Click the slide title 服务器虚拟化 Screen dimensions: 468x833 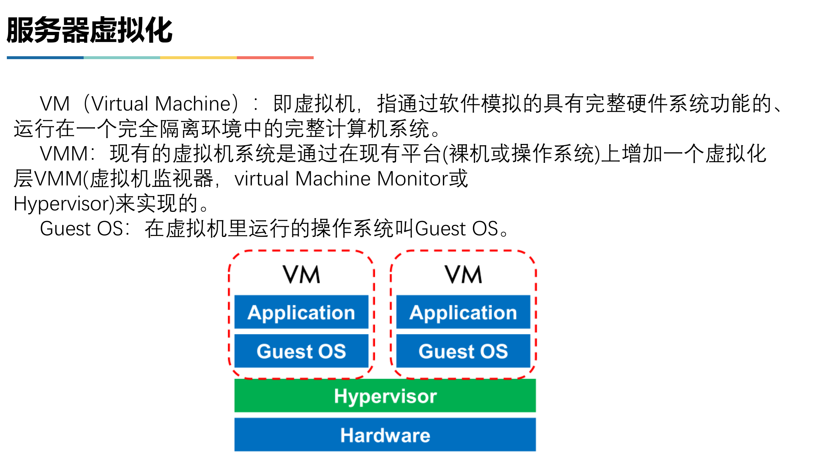pyautogui.click(x=89, y=30)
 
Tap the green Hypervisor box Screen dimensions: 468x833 pyautogui.click(x=385, y=396)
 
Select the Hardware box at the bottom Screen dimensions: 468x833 pyautogui.click(x=385, y=435)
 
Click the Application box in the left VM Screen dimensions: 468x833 pyautogui.click(x=301, y=312)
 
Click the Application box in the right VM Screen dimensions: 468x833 pyautogui.click(x=463, y=312)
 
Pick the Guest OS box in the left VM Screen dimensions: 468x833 pyautogui.click(x=301, y=351)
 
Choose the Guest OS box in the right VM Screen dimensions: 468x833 pyautogui.click(x=463, y=351)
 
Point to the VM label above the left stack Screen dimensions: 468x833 pyautogui.click(x=301, y=275)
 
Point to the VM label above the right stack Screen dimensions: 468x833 pyautogui.click(x=463, y=275)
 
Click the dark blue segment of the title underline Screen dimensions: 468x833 pyautogui.click(x=45, y=58)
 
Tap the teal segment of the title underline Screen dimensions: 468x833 pyautogui.click(x=122, y=58)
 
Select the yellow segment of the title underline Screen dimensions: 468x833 pyautogui.click(x=198, y=58)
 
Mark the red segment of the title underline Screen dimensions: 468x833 pyautogui.click(x=275, y=58)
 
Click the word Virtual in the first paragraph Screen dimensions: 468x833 pyautogui.click(x=120, y=104)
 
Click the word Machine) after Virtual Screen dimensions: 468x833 pyautogui.click(x=197, y=104)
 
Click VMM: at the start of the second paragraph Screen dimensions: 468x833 pyautogui.click(x=68, y=154)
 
